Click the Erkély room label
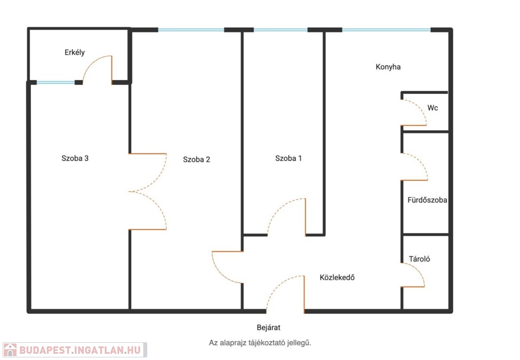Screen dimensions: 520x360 tap(75, 52)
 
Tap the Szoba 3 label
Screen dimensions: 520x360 tap(75, 158)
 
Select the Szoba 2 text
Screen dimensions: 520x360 tap(197, 159)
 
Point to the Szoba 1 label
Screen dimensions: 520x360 tap(288, 158)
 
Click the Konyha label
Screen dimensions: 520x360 tap(388, 67)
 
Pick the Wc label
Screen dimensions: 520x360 tap(433, 108)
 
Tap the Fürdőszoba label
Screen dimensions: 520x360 tap(427, 200)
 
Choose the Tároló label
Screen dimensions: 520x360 tap(419, 259)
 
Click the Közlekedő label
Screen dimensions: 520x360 tap(337, 277)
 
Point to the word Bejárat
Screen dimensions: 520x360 tap(269, 328)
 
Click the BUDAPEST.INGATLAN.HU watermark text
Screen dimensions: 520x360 tap(80, 350)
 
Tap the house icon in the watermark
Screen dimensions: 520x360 tap(10, 350)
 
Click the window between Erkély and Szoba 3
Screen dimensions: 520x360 tap(56, 82)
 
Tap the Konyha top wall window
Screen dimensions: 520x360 tap(386, 30)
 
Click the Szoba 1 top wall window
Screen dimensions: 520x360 tap(280, 30)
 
